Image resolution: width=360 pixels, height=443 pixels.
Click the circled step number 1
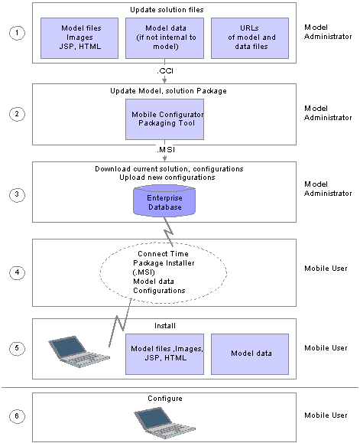point(17,33)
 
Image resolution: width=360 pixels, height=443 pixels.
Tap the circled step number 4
point(17,272)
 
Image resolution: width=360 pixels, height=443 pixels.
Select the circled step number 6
point(17,416)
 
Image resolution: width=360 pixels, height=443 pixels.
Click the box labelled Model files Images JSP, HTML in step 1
point(79,38)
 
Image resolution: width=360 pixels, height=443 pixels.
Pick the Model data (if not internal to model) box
point(165,38)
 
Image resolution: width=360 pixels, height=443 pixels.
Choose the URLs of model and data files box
point(250,38)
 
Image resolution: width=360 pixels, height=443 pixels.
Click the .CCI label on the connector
point(165,70)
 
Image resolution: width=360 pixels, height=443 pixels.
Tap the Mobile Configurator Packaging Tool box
point(165,119)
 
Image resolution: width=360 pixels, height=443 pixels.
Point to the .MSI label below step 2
point(166,149)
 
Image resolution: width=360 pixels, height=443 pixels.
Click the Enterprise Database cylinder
point(164,201)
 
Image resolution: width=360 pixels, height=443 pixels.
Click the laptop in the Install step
point(79,352)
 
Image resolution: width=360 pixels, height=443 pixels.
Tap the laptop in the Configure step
point(165,422)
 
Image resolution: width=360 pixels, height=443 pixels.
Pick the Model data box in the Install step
point(250,354)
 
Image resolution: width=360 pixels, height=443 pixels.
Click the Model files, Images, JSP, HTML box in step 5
point(165,354)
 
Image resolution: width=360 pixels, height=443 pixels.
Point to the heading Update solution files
point(167,10)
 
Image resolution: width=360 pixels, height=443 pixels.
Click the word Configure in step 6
point(165,399)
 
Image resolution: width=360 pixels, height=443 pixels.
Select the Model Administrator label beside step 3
point(328,189)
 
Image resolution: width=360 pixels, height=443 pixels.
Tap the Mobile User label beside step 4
point(326,269)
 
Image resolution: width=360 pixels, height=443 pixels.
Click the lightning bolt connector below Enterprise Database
point(168,232)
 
